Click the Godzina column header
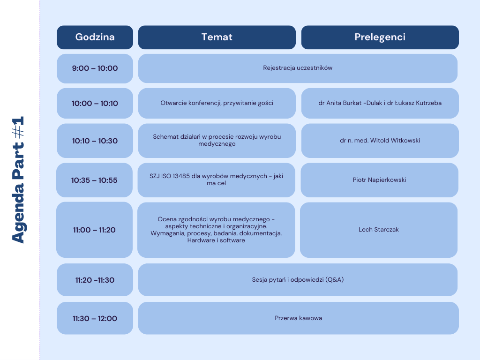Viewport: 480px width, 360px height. [95, 37]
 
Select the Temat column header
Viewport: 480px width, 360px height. [217, 37]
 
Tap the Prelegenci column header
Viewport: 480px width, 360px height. [380, 37]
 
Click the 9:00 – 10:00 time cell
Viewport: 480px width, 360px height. [95, 68]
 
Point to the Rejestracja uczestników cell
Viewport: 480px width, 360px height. [298, 68]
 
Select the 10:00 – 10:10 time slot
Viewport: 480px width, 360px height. [95, 104]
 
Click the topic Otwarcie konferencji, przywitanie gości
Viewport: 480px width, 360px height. [217, 103]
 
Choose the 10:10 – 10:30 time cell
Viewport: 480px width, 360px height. [95, 141]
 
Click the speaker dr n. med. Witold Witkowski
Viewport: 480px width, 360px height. [380, 141]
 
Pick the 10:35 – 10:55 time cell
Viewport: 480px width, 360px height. [94, 180]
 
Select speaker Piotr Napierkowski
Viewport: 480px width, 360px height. [379, 180]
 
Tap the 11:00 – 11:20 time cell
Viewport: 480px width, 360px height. [94, 230]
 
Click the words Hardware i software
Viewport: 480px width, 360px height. [216, 240]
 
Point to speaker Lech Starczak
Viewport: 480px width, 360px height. [379, 230]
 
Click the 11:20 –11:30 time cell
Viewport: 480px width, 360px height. [95, 280]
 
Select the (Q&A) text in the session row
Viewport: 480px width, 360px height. [334, 280]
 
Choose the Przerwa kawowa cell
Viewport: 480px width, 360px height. [299, 318]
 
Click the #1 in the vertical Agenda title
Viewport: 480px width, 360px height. [18, 127]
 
